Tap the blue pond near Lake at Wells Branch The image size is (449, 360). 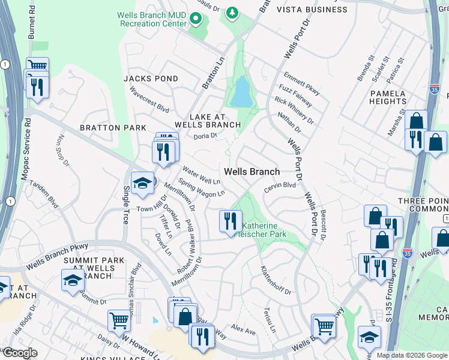241,92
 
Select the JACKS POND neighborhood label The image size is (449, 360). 151,79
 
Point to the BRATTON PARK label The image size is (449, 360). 114,128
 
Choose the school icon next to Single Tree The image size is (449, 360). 142,183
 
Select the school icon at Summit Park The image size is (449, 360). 72,280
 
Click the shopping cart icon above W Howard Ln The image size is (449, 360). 119,320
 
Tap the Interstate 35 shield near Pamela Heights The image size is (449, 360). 435,88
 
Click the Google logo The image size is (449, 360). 20,353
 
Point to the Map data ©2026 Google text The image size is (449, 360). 411,355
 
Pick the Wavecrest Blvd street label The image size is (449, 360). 149,100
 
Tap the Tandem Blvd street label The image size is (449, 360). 43,194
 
